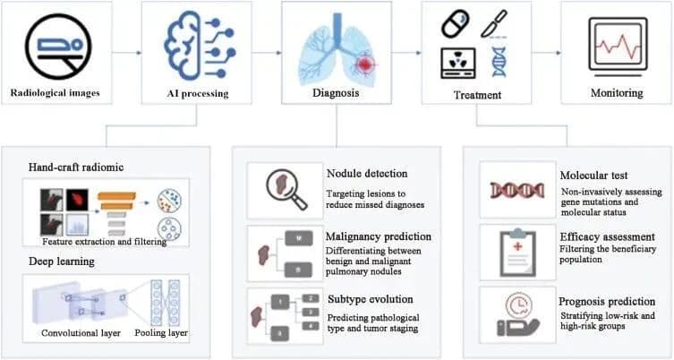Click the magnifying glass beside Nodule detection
[274, 187]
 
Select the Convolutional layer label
[82, 334]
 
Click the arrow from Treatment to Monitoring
[546, 53]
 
